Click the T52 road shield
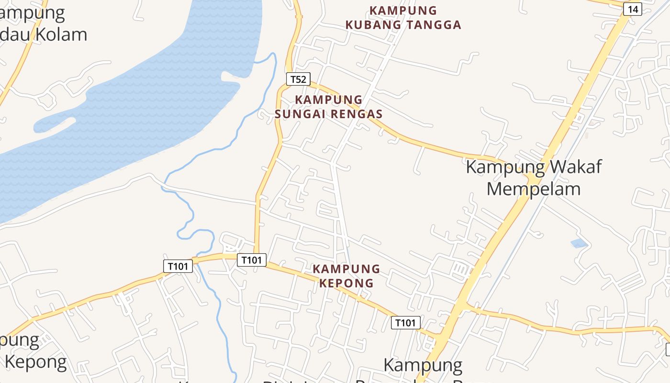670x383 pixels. [298, 79]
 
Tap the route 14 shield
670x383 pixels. [633, 9]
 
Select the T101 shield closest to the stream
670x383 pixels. [178, 266]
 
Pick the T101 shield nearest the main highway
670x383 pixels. [406, 323]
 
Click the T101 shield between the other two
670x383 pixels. [252, 260]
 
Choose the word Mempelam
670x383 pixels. [533, 189]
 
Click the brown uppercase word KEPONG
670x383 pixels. [346, 283]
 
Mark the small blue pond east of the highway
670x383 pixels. [579, 243]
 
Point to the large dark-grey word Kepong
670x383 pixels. [36, 362]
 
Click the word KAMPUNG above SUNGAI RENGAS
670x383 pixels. [329, 100]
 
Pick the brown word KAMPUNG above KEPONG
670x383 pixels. [346, 269]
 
